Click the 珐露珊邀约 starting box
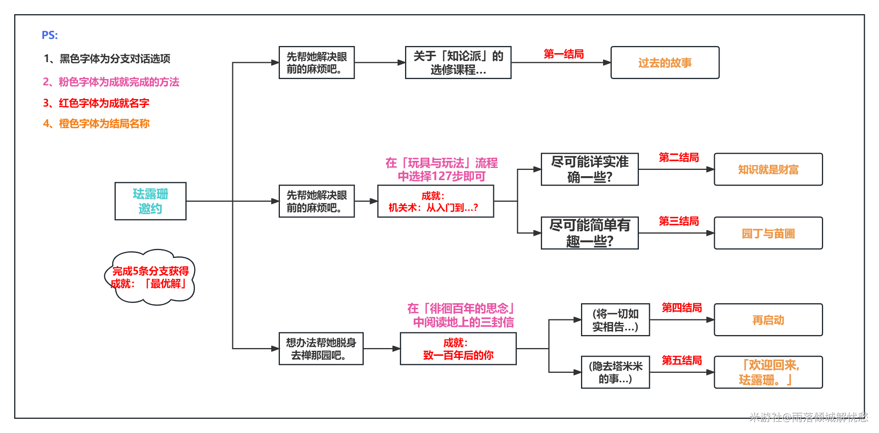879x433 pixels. click(x=150, y=201)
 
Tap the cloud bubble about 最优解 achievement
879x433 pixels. click(x=150, y=277)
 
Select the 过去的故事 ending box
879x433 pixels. click(x=665, y=63)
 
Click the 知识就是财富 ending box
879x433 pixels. click(x=768, y=170)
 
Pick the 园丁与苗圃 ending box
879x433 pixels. click(x=768, y=233)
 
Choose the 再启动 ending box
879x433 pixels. click(x=768, y=320)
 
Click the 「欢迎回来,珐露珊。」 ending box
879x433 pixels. click(x=768, y=372)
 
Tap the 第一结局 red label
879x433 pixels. click(x=564, y=54)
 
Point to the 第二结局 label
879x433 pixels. click(x=679, y=157)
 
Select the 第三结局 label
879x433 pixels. click(x=679, y=221)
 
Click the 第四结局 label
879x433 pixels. click(x=682, y=308)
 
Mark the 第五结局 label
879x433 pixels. click(x=682, y=360)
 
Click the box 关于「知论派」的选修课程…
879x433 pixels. click(x=458, y=63)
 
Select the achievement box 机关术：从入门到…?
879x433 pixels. click(x=435, y=201)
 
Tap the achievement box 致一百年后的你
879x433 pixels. click(x=458, y=349)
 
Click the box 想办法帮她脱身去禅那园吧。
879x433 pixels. click(x=321, y=349)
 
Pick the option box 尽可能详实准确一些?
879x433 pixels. click(x=590, y=170)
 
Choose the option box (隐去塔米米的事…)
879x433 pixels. click(x=615, y=372)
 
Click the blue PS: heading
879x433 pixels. click(x=50, y=35)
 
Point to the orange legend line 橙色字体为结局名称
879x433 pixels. click(x=96, y=123)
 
